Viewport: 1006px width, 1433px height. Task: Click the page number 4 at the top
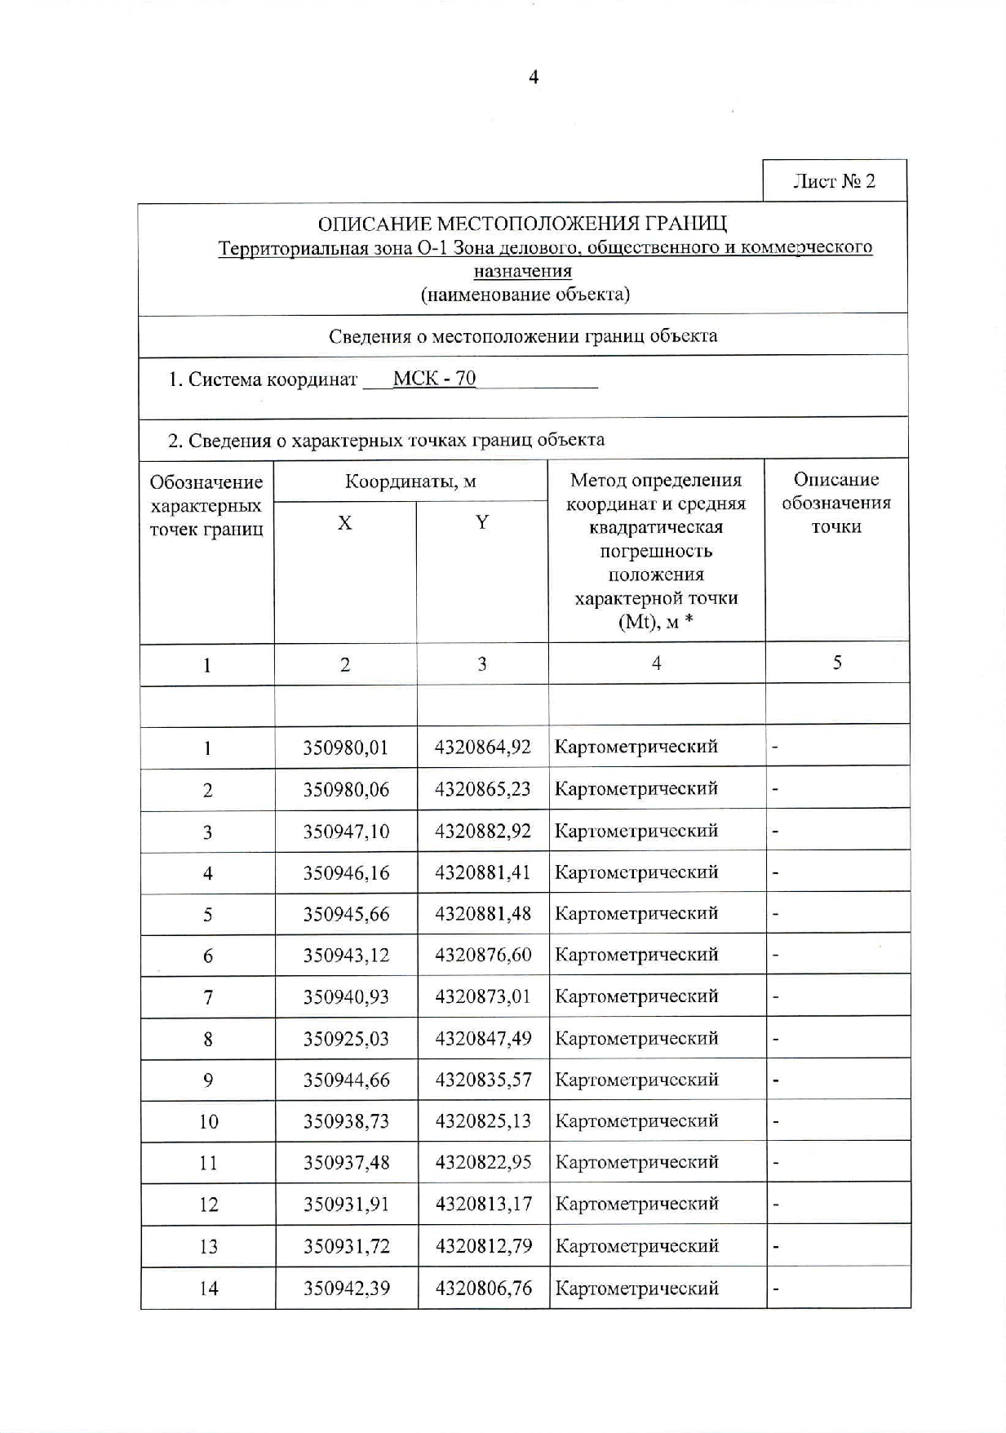tap(534, 78)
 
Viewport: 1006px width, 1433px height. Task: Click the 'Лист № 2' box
tap(834, 181)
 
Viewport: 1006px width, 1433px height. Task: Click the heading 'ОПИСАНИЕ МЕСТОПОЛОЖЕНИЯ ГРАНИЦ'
tap(522, 223)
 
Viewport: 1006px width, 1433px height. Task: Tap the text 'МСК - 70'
tap(434, 379)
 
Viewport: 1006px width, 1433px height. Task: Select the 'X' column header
tap(345, 523)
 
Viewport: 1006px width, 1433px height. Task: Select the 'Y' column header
tap(482, 522)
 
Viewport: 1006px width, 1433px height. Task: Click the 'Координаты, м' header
tap(410, 481)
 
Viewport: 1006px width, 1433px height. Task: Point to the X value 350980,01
tap(346, 748)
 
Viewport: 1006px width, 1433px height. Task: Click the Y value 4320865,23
tap(483, 789)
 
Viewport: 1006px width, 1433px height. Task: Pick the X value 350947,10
tap(346, 832)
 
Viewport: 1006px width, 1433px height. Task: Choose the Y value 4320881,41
tap(483, 873)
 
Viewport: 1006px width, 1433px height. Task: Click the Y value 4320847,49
tap(483, 1039)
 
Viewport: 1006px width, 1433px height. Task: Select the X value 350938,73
tap(346, 1121)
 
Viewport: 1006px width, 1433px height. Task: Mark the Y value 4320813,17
tap(483, 1205)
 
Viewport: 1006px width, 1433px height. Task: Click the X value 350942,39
tap(346, 1289)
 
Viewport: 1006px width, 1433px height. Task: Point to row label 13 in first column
tap(208, 1247)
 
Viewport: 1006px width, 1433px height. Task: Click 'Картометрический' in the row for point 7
tap(636, 996)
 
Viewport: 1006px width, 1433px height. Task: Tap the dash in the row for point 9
tap(775, 1080)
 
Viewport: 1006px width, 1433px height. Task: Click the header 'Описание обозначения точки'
tap(836, 504)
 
